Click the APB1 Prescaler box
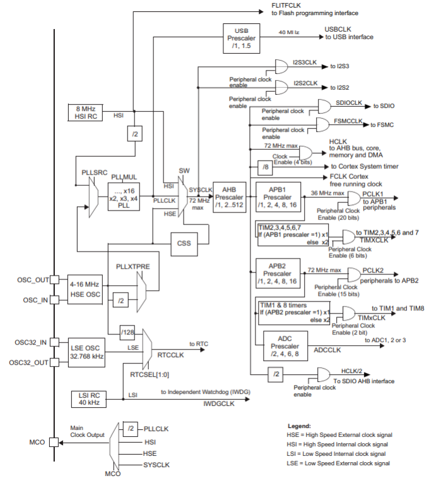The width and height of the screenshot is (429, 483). (x=277, y=197)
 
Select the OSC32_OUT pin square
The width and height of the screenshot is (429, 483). (x=55, y=362)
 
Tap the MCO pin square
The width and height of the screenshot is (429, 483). (x=55, y=443)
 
